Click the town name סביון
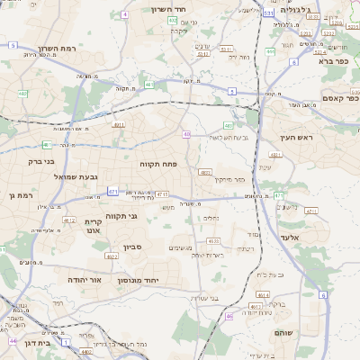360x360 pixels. (x=121, y=246)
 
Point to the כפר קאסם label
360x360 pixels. (x=341, y=99)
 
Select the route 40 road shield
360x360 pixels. (x=186, y=134)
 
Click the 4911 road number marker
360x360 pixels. (x=118, y=125)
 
